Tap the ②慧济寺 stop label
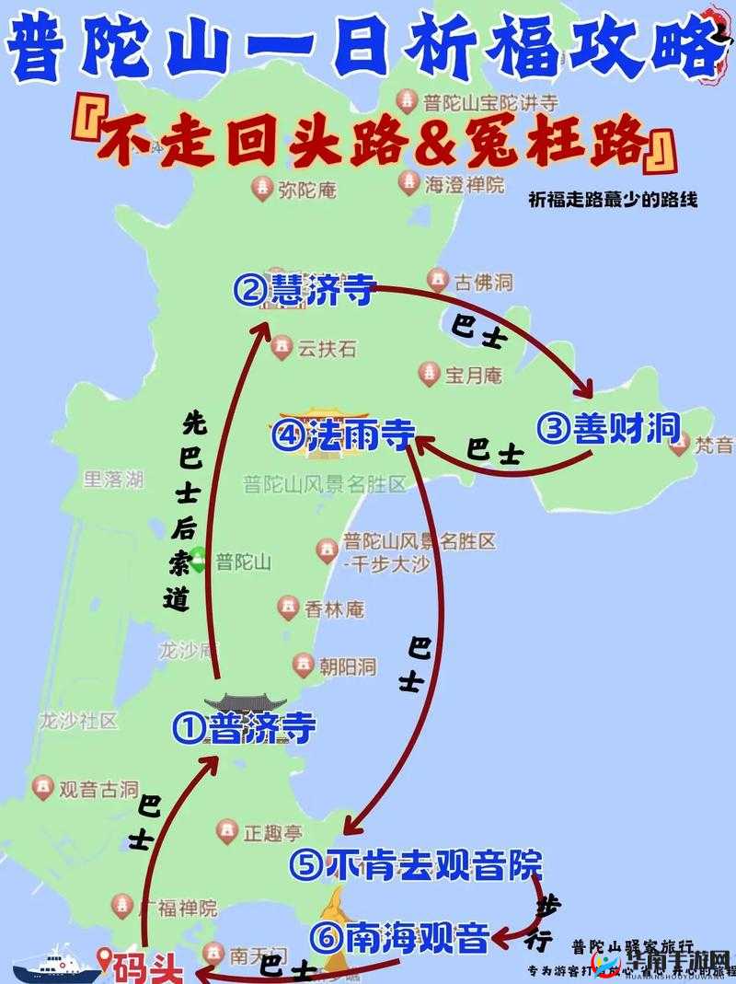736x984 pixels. (304, 292)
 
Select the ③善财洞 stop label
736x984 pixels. (608, 427)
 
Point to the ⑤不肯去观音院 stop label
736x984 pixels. (414, 864)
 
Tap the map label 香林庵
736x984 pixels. (334, 609)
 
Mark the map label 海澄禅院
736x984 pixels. (464, 184)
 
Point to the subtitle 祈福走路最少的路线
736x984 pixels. (614, 200)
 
